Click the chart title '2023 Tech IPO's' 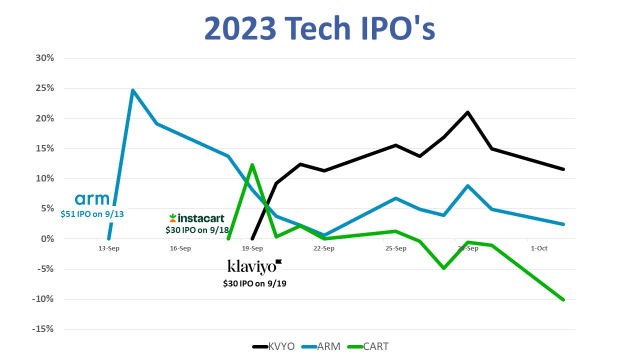click(320, 29)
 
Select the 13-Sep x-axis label click(108, 248)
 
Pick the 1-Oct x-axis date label click(539, 248)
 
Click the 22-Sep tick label click(324, 248)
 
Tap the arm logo click(92, 199)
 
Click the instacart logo click(196, 218)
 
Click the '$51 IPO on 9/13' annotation click(92, 214)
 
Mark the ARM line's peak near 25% click(132, 90)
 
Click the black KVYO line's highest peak click(467, 112)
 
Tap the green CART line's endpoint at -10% click(563, 300)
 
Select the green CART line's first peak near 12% click(252, 164)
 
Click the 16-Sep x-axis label click(180, 248)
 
